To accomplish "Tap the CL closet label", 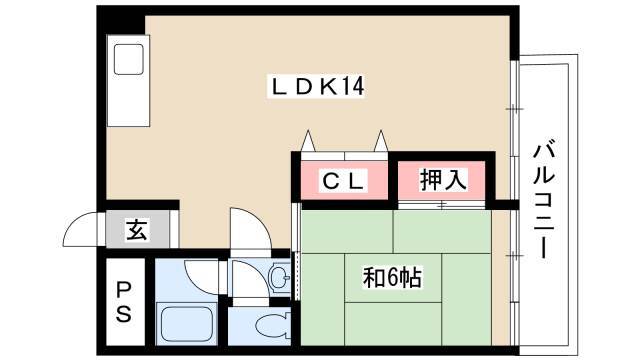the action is click(x=343, y=181).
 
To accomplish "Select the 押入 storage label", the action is click(x=442, y=180).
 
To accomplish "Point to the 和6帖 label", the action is click(x=392, y=278).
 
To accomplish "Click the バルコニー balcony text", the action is click(x=544, y=199).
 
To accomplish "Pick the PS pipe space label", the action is click(x=124, y=302).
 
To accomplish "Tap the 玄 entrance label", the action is click(x=137, y=230).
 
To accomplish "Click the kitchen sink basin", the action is click(x=129, y=59).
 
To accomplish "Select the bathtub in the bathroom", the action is click(x=187, y=324).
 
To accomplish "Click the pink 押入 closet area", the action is click(x=442, y=180).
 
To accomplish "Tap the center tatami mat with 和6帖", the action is click(x=393, y=278).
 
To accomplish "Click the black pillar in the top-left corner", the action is click(x=121, y=20).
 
